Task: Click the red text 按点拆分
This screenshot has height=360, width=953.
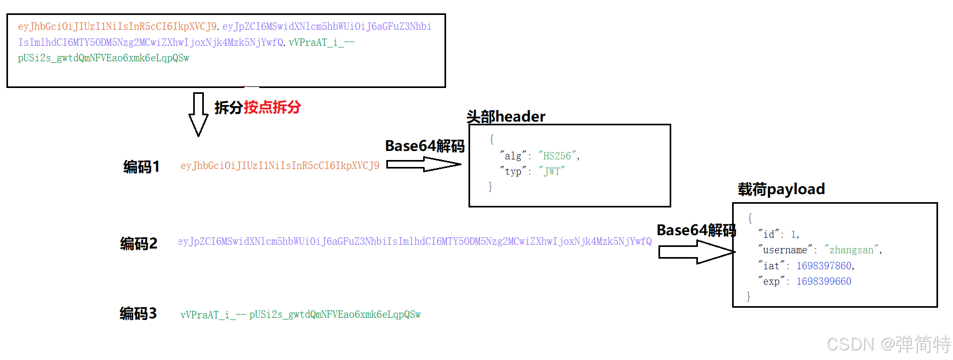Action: (272, 107)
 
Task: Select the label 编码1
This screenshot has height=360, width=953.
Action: (141, 167)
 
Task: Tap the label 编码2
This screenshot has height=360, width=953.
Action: (139, 244)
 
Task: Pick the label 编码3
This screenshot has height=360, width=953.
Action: (138, 314)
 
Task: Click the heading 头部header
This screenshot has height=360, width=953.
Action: (506, 116)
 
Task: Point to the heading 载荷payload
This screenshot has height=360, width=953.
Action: (781, 189)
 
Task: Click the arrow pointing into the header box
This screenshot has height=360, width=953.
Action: (424, 165)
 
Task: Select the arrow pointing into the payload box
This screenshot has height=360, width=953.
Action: (696, 252)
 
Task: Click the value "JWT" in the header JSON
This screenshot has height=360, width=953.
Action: (552, 171)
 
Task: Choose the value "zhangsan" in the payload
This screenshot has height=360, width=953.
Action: (851, 250)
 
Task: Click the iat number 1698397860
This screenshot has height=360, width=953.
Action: (824, 266)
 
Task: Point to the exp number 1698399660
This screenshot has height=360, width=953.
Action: (824, 281)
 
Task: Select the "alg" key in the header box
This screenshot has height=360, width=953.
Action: (513, 156)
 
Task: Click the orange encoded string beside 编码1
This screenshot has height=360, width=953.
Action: (280, 166)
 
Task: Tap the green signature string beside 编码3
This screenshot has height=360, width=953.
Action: (300, 315)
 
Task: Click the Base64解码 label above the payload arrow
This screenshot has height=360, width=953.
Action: (696, 230)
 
